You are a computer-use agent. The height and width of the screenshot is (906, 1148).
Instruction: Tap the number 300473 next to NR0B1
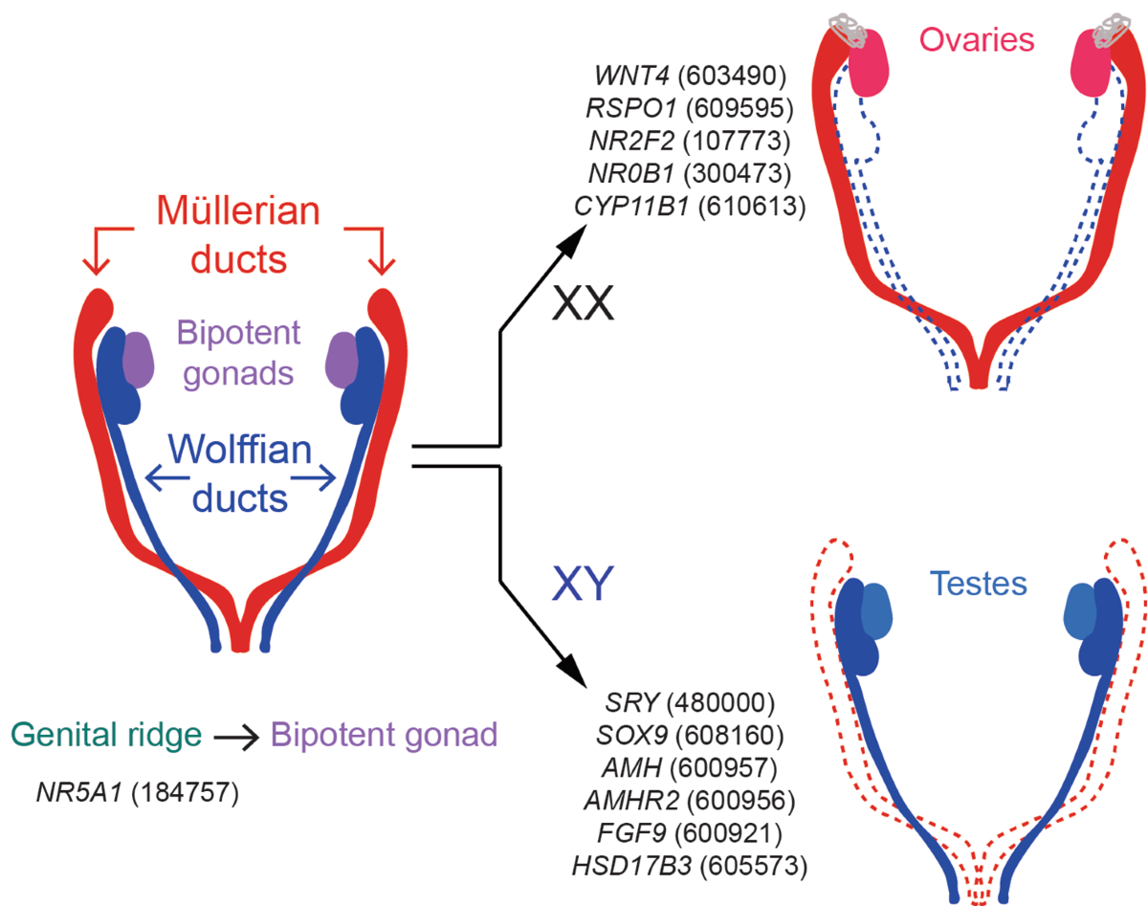(x=740, y=173)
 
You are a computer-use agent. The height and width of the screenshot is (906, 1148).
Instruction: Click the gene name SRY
(x=632, y=703)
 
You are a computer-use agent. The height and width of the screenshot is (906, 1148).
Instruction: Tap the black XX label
(x=580, y=307)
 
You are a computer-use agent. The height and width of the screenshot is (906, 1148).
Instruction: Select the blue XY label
(x=580, y=585)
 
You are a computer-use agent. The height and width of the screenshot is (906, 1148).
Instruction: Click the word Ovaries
(x=977, y=39)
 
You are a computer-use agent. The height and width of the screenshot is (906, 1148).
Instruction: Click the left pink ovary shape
(x=869, y=64)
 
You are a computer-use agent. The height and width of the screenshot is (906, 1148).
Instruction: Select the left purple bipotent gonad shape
(x=138, y=360)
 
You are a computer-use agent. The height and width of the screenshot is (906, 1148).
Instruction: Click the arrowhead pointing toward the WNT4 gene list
(x=576, y=240)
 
